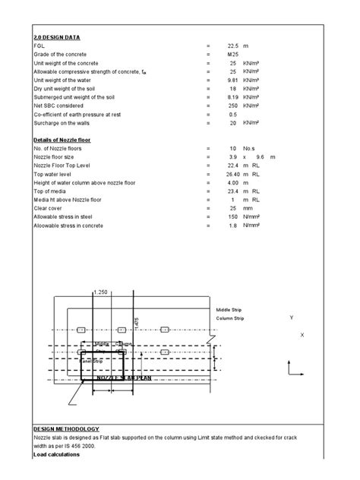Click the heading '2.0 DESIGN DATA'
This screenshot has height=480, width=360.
coord(57,37)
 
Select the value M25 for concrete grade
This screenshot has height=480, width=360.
coord(233,55)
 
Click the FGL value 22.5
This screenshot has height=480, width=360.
coord(233,46)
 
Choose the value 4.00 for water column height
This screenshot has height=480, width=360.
coord(233,185)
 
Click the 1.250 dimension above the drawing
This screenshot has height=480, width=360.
coord(100,292)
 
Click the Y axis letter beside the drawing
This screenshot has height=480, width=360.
coord(292,317)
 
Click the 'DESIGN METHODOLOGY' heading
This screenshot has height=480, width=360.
coord(66,429)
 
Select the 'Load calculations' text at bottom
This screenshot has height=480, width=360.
coord(56,455)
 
